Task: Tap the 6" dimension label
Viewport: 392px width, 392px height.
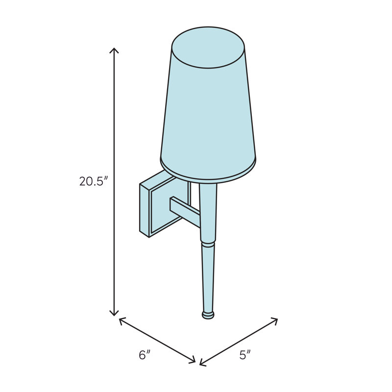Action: click(145, 355)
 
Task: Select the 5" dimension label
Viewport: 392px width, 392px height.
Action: click(245, 355)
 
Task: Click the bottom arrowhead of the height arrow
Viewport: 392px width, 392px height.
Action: click(114, 313)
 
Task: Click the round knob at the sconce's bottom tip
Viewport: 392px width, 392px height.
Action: click(208, 315)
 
